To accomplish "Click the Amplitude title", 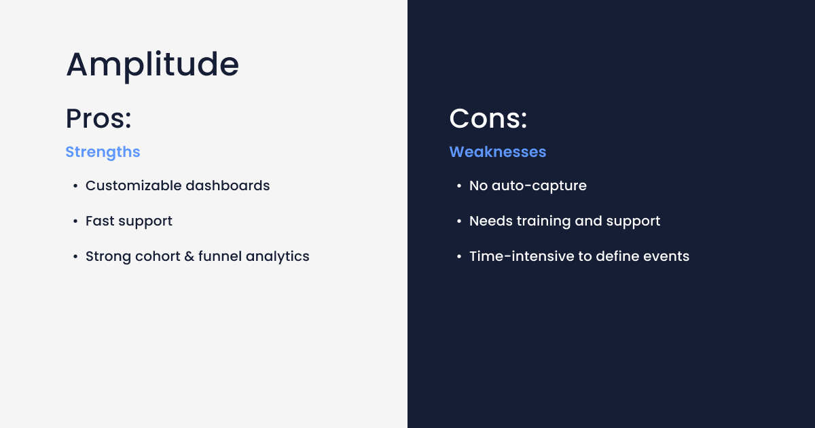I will (152, 65).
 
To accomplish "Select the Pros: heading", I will (98, 119).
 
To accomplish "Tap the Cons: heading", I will (488, 119).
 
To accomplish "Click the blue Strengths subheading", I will (103, 151).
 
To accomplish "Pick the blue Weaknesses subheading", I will (498, 151).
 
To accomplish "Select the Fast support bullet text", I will (129, 221).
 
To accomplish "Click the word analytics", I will (278, 256).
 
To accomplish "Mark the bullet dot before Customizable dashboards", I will (75, 186).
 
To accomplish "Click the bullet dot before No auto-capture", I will (458, 186).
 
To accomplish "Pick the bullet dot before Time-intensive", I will (458, 257).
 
